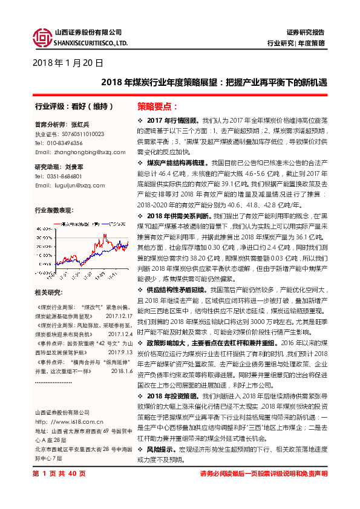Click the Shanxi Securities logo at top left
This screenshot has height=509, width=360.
click(42, 38)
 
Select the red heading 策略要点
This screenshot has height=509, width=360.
click(157, 106)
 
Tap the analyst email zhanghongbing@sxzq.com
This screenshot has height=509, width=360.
click(79, 152)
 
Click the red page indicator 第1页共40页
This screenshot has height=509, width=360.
click(59, 490)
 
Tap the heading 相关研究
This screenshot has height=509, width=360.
click(48, 293)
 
